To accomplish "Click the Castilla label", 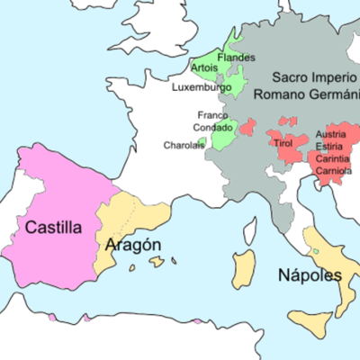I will [x=53, y=228].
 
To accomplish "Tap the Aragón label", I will [x=133, y=245].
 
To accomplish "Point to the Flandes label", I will [x=237, y=58].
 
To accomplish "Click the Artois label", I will [x=204, y=68].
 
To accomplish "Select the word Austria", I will [x=330, y=135].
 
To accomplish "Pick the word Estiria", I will [x=330, y=146].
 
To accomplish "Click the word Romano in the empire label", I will [x=277, y=93].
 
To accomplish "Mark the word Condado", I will [x=211, y=127].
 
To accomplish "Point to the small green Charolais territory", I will [x=202, y=142].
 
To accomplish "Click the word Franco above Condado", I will [x=212, y=115].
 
